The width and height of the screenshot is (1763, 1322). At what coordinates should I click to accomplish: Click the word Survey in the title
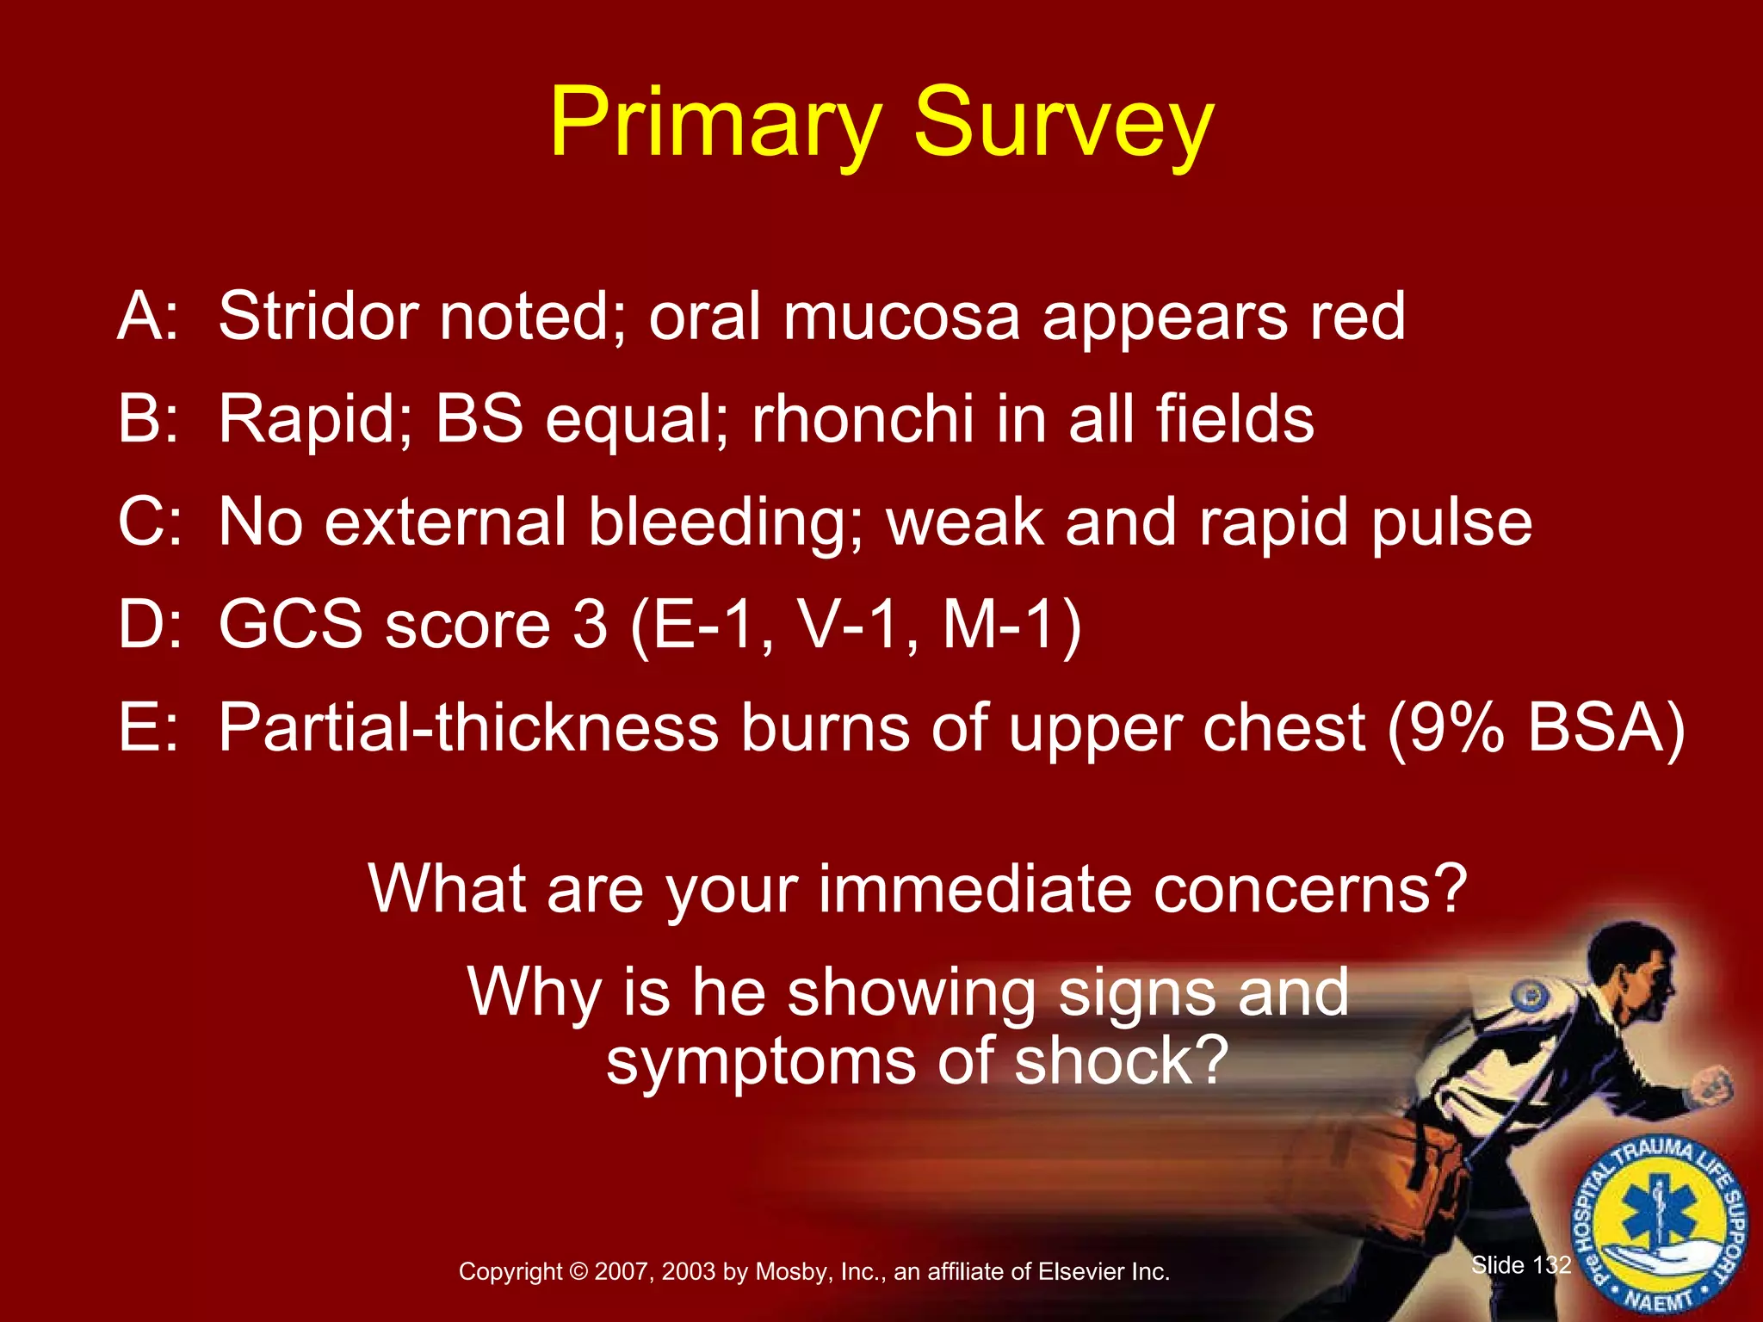tap(1062, 125)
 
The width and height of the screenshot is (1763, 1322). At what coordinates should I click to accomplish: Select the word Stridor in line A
tap(318, 317)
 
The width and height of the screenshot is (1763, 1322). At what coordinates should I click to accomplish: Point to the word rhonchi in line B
tap(863, 420)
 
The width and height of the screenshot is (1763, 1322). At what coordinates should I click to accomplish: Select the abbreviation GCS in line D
tap(290, 625)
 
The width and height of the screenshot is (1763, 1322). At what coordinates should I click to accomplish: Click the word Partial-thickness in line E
tap(467, 728)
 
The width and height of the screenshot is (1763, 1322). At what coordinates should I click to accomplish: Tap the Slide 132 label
tap(1520, 1265)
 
